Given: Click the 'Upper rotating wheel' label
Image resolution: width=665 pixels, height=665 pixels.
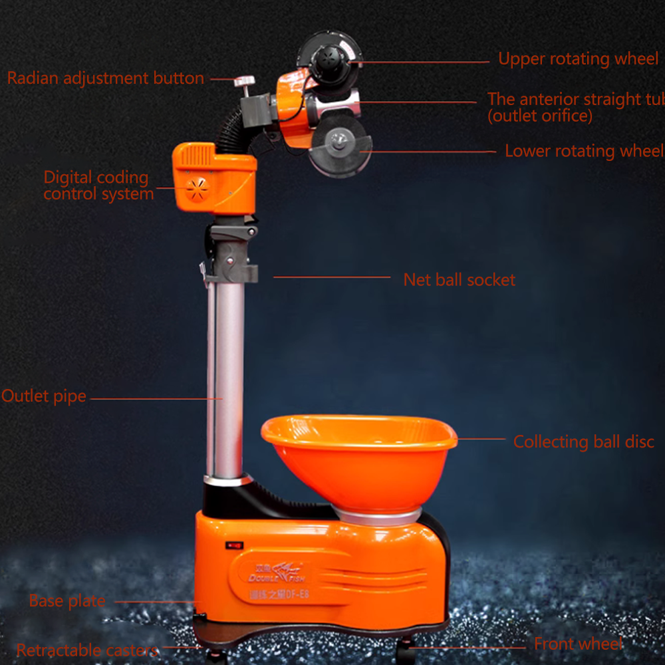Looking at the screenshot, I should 578,59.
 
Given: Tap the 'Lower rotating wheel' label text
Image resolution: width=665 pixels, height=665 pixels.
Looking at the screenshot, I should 584,151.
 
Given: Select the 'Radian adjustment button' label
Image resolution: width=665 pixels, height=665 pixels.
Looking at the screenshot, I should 105,78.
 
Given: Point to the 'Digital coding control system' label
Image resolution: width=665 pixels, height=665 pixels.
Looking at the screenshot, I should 97,186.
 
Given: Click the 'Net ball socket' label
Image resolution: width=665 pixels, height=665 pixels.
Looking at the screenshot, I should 459,280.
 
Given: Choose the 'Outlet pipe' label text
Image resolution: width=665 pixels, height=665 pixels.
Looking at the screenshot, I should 44,396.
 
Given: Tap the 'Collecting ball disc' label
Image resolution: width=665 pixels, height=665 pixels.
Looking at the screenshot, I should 583,442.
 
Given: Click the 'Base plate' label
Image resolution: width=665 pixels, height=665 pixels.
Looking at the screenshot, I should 67,601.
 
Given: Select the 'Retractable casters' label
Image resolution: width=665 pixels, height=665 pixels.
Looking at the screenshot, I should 86,650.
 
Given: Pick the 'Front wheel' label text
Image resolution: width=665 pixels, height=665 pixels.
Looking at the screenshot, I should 578,644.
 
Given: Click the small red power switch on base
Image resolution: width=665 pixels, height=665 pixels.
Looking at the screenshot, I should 234,545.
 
